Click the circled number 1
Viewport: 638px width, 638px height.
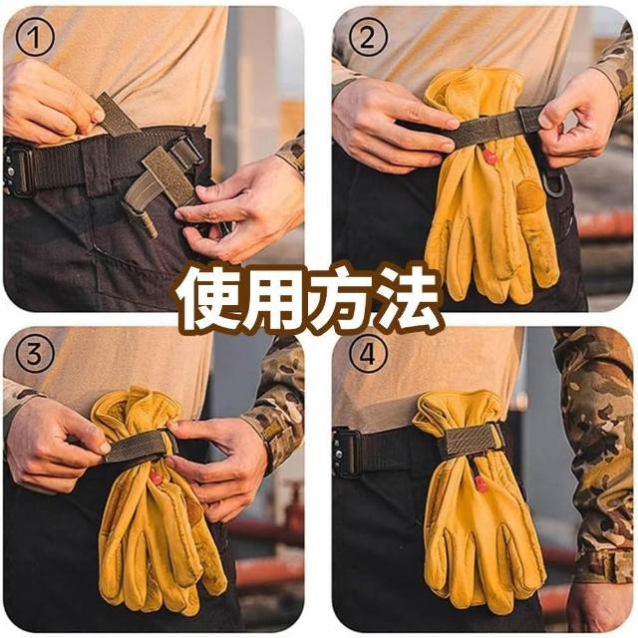35,38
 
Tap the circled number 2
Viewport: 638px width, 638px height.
368,38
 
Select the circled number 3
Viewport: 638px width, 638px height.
35,354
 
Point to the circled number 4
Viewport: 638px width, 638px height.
368,354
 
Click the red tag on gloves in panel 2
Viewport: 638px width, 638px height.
489,156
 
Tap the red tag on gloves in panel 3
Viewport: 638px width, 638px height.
157,478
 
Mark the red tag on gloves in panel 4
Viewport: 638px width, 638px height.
480,482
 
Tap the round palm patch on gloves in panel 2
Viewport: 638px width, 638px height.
531,196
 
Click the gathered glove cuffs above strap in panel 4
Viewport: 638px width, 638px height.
458,410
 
